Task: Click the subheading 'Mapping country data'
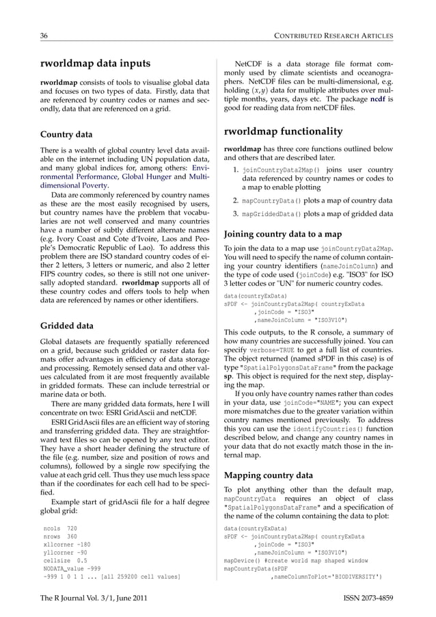[x=269, y=475]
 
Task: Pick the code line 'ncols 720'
[x=60, y=529]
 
